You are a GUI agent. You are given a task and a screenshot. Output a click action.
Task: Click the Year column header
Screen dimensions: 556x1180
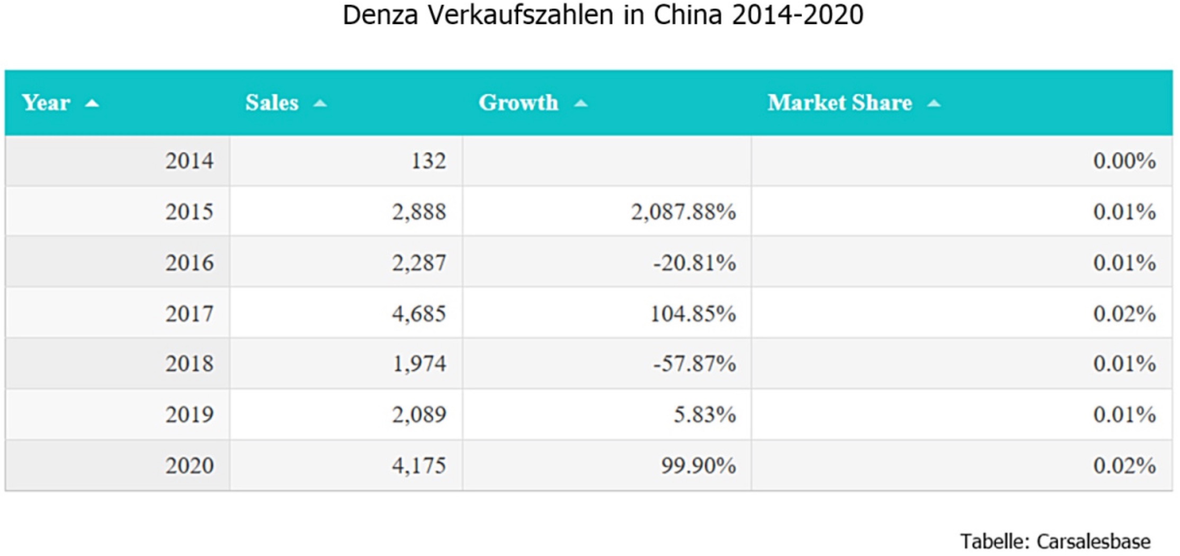coord(46,103)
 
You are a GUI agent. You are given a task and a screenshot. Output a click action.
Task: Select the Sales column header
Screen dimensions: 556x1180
coord(272,103)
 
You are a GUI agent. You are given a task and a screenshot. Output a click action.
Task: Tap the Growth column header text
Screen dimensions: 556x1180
coord(518,103)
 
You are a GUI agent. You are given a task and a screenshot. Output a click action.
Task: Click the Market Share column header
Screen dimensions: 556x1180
coord(839,103)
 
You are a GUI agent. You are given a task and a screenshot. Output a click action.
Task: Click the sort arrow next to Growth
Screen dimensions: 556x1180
coord(581,104)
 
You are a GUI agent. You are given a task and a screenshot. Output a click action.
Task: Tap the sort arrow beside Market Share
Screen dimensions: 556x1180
coord(934,104)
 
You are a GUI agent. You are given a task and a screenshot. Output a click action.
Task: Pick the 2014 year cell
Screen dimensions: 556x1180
coord(189,161)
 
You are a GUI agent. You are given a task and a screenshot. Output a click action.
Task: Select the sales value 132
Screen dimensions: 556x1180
coord(428,161)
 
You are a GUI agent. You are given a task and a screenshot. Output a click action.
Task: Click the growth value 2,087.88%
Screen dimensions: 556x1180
coord(683,212)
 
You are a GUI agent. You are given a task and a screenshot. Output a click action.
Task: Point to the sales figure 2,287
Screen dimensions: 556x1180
coord(419,263)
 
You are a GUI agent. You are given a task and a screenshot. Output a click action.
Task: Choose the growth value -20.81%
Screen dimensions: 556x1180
coord(694,263)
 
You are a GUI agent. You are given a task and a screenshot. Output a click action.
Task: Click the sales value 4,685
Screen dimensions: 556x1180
coord(419,313)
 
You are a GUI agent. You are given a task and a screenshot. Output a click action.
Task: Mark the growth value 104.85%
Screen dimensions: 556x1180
coord(693,313)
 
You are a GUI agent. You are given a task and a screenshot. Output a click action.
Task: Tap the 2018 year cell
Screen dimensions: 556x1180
coord(189,364)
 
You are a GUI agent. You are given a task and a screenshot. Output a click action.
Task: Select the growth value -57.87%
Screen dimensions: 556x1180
coord(694,364)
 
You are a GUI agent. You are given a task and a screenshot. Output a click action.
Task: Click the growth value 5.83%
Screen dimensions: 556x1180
coord(704,414)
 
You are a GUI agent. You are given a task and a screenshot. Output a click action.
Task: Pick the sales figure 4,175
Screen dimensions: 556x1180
coord(419,465)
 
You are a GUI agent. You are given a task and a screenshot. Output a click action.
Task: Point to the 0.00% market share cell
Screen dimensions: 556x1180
coord(1124,161)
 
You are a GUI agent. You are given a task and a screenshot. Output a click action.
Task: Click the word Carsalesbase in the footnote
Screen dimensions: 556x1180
coord(1093,542)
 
